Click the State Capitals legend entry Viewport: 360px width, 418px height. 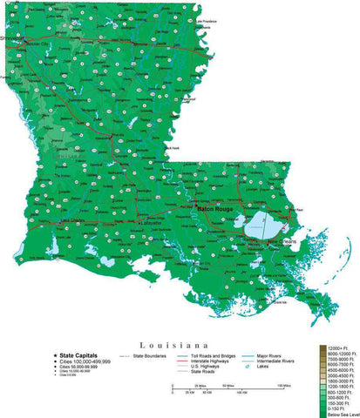click(78, 355)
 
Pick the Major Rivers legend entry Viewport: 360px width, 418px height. click(269, 355)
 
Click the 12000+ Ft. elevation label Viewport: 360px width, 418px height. click(341, 348)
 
